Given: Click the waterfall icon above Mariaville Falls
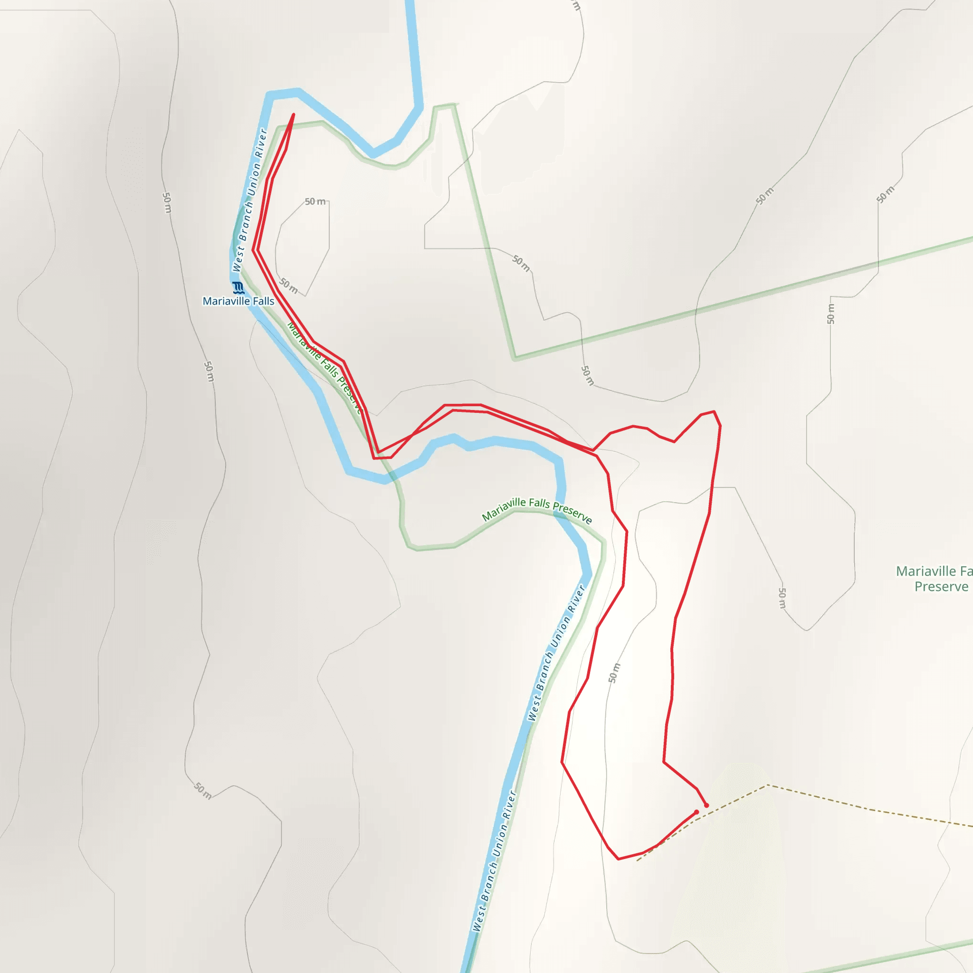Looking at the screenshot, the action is pyautogui.click(x=238, y=287).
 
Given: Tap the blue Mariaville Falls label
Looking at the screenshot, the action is pyautogui.click(x=238, y=301).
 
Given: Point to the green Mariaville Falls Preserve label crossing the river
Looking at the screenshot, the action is pyautogui.click(x=537, y=509).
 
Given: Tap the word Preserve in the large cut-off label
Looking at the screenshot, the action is pyautogui.click(x=941, y=587).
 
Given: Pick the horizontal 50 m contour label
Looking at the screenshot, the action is pyautogui.click(x=315, y=201).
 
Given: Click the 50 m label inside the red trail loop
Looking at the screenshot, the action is pyautogui.click(x=614, y=673).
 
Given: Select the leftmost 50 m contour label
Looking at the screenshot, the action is pyautogui.click(x=167, y=202).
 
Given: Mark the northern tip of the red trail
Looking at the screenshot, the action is pyautogui.click(x=294, y=115).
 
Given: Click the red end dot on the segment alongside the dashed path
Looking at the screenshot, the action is pyautogui.click(x=696, y=812).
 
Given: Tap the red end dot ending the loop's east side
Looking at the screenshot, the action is pyautogui.click(x=706, y=805).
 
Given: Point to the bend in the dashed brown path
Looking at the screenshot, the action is pyautogui.click(x=767, y=785).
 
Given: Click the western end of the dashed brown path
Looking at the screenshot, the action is pyautogui.click(x=638, y=860).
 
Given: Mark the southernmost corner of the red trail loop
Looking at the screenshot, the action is pyautogui.click(x=619, y=859).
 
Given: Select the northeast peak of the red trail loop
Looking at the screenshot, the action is pyautogui.click(x=714, y=411).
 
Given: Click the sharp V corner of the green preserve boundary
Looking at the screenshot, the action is pyautogui.click(x=515, y=359).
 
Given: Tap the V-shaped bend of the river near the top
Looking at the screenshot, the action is pyautogui.click(x=373, y=153).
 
